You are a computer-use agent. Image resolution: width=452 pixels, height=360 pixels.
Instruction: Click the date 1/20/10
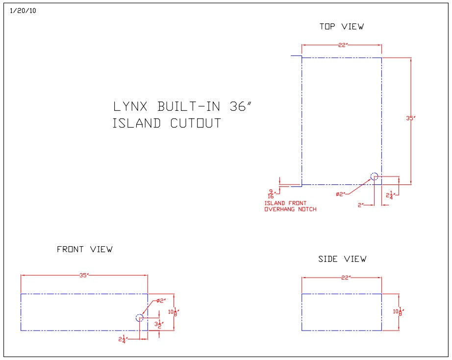(x=23, y=11)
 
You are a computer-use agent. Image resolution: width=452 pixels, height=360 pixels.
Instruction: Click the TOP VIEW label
(x=342, y=26)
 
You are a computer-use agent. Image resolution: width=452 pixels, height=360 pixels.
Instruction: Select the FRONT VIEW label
(x=85, y=249)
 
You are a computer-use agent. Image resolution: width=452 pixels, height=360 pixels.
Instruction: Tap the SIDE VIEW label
(x=342, y=259)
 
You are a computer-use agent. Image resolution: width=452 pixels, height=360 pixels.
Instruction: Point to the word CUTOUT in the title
(x=196, y=123)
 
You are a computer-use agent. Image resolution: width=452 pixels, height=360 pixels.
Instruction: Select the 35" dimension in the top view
(x=410, y=118)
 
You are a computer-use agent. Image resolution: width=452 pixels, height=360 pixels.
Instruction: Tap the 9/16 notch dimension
(x=271, y=194)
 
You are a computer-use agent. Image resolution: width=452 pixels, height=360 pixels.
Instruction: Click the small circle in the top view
(x=375, y=176)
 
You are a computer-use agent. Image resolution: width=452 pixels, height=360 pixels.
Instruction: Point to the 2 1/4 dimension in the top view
(x=390, y=195)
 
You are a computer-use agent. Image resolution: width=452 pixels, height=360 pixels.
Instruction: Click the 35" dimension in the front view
(x=84, y=276)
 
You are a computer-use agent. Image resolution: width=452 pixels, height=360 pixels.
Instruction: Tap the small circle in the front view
(x=140, y=318)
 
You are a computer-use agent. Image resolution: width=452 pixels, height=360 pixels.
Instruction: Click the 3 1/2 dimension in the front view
(x=158, y=324)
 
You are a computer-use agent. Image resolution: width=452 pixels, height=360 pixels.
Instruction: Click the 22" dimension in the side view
(x=346, y=278)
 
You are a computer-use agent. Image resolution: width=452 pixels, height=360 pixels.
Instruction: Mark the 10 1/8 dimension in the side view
(x=399, y=311)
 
